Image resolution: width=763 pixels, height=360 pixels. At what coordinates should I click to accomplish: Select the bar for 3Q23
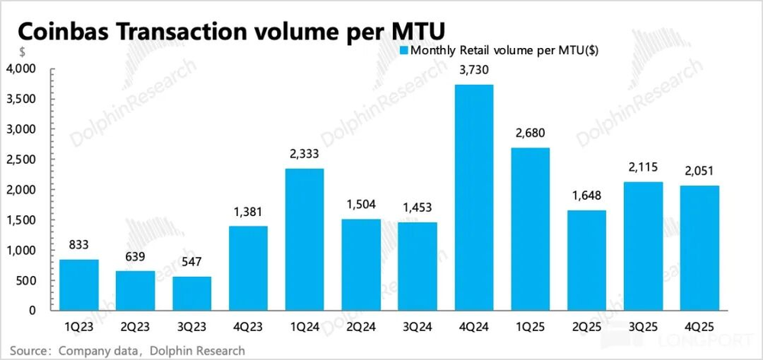[x=192, y=293]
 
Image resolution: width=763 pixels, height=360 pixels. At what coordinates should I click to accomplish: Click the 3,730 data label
[x=474, y=71]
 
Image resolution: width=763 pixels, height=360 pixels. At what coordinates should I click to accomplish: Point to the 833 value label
[x=79, y=246]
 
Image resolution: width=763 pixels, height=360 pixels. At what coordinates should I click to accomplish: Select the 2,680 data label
[x=530, y=134]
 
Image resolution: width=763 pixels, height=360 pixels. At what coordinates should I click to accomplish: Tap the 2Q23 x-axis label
[x=135, y=326]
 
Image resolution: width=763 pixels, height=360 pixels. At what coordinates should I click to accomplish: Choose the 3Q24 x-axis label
[x=417, y=326]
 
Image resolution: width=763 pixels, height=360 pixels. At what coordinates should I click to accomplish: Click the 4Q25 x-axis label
[x=700, y=326]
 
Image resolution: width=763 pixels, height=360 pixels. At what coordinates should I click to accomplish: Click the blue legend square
[x=404, y=51]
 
